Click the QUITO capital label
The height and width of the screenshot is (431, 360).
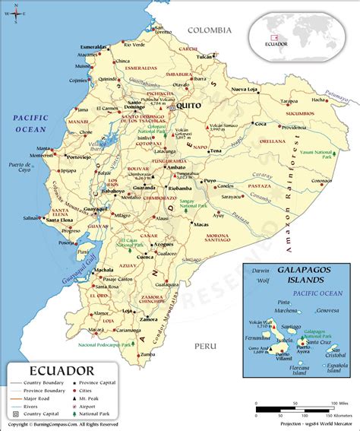(191, 106)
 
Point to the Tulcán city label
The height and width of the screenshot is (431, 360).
(204, 56)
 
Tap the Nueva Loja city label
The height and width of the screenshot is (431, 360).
(245, 90)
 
